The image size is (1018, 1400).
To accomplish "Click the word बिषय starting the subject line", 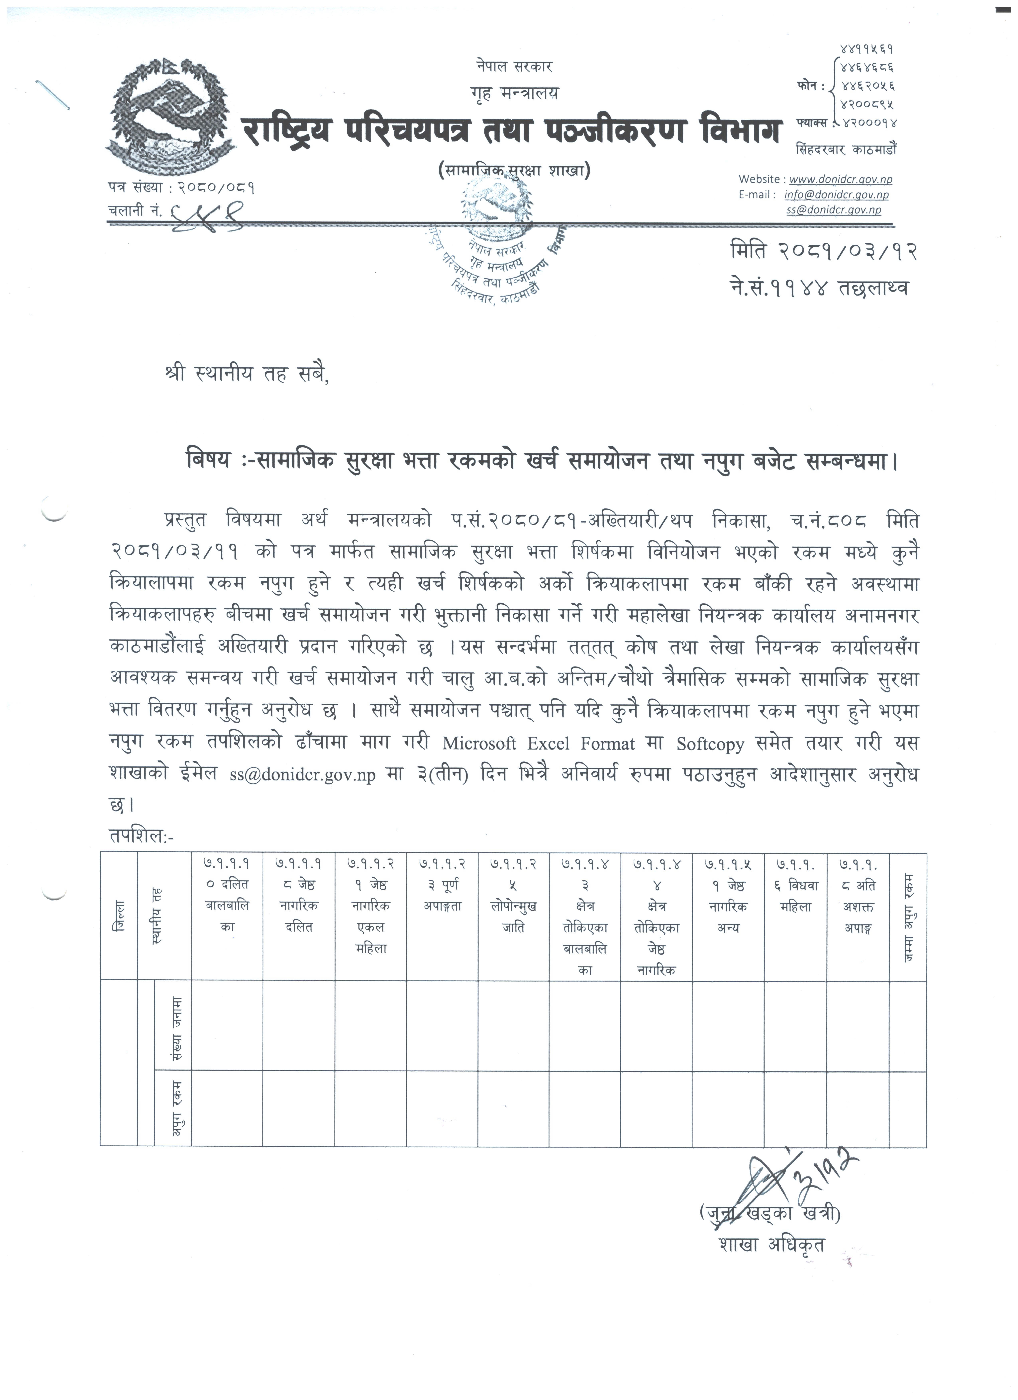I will [x=210, y=461].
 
